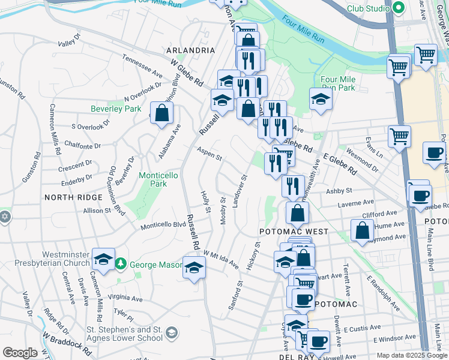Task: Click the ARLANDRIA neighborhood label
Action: coord(190,50)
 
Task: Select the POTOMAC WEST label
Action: coord(294,232)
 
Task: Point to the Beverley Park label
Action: coord(116,109)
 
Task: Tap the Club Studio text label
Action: coord(368,8)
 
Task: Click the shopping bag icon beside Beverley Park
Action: coord(161,113)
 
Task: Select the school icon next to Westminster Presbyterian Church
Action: coord(104,260)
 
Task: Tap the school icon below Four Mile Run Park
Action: coord(321,99)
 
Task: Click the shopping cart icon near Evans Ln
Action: coord(399,136)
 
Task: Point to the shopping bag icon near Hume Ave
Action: coord(362,230)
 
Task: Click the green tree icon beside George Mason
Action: coord(120,263)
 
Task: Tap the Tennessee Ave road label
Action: coord(142,66)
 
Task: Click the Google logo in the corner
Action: coord(20,353)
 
